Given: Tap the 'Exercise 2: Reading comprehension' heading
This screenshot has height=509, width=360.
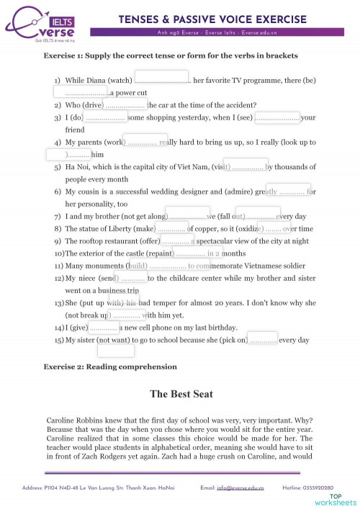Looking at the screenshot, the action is click(x=110, y=366).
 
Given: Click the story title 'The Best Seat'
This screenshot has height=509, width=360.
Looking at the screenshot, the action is click(x=181, y=394).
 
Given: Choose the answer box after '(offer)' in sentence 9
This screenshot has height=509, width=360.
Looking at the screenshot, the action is click(x=177, y=240).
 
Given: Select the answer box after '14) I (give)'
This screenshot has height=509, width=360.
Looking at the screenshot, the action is click(x=108, y=326).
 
